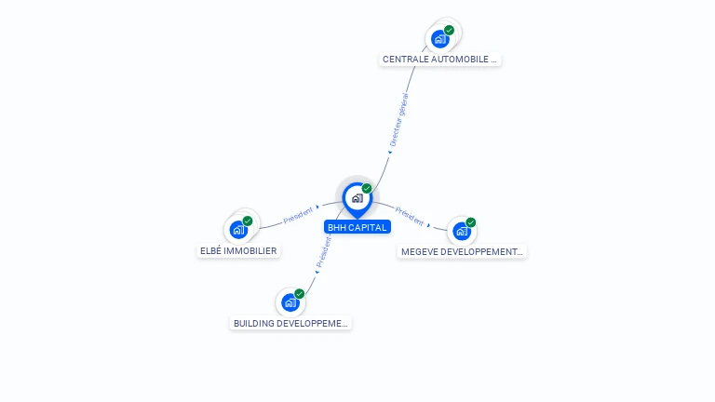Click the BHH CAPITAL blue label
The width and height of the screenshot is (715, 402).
357,227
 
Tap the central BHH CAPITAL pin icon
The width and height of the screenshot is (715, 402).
357,199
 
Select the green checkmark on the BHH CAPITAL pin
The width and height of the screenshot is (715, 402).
367,188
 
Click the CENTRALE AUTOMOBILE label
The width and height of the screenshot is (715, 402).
439,60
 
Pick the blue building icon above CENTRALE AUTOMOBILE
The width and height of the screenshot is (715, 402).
439,39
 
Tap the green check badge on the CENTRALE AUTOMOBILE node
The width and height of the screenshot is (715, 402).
449,30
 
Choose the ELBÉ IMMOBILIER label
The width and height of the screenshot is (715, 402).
238,250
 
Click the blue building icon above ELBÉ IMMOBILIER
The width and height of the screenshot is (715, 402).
238,230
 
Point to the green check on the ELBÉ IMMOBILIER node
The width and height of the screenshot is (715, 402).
248,221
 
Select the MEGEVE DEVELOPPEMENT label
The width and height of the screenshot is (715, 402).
462,251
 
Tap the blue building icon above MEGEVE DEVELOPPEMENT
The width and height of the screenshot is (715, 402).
462,231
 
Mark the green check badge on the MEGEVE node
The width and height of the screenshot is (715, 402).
471,222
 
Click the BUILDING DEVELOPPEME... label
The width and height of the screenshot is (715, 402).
290,323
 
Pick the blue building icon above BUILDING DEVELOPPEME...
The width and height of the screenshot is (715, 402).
290,302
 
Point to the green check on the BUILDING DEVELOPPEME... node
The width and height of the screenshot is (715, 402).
300,293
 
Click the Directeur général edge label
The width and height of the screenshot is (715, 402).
399,120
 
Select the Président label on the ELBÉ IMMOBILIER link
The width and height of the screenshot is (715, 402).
298,215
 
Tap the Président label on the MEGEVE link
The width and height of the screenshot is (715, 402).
410,216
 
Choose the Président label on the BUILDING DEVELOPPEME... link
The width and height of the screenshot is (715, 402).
324,252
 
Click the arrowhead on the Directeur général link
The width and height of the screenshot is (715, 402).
390,153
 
